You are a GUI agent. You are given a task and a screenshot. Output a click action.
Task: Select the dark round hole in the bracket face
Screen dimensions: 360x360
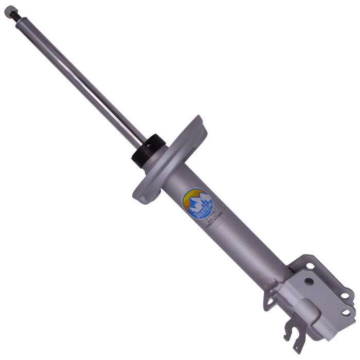(309, 281)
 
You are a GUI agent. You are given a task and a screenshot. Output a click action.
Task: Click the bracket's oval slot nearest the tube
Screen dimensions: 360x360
(311, 266)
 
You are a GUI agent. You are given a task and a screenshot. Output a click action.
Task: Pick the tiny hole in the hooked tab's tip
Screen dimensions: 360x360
(297, 348)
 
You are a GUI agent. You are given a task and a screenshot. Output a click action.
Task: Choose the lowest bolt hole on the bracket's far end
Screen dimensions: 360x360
(346, 312)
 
